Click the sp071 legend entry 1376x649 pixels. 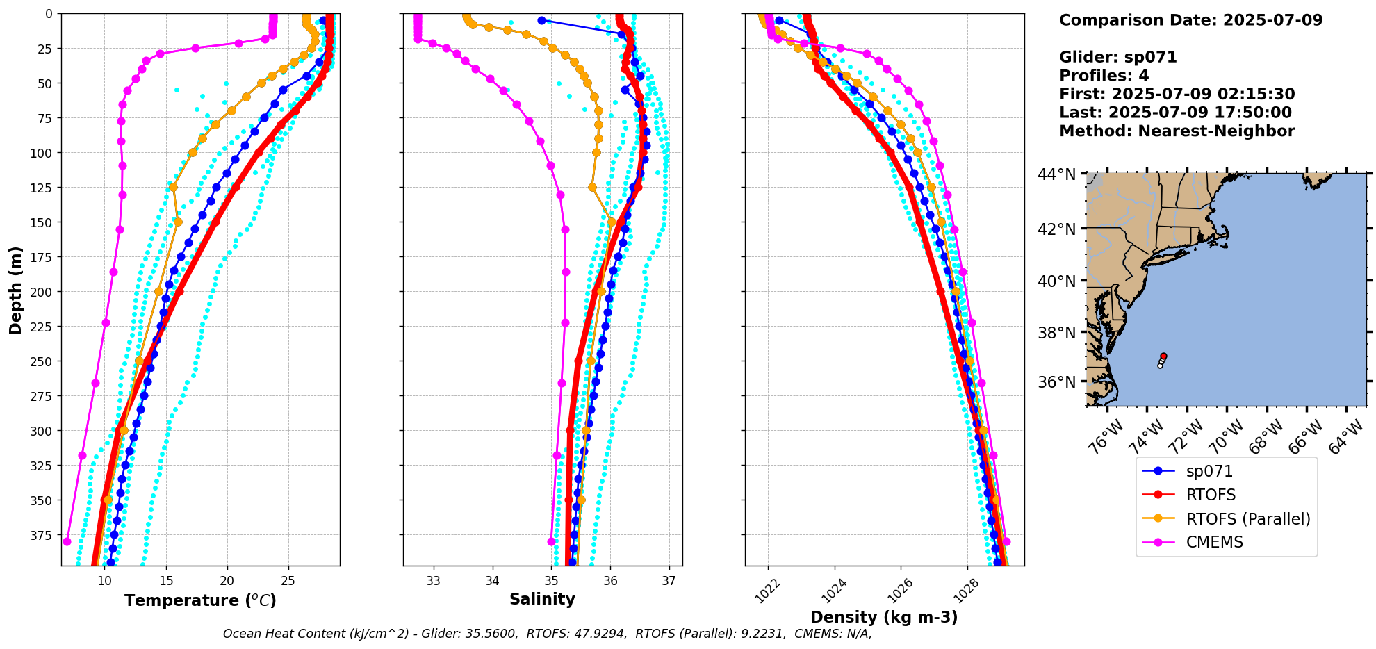[x=1209, y=471]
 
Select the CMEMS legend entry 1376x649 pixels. [x=1214, y=542]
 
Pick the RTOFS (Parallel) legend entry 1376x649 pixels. [x=1247, y=518]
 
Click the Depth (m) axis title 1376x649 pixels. [x=15, y=290]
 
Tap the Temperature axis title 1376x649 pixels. [x=200, y=600]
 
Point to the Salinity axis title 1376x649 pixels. [x=542, y=599]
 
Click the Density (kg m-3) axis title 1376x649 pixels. [x=884, y=617]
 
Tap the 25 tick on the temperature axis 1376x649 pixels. [x=288, y=581]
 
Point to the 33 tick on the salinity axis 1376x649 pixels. [x=434, y=581]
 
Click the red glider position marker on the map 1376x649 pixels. [x=1163, y=356]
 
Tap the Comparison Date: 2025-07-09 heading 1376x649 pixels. [x=1190, y=20]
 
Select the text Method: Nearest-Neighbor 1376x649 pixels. [x=1177, y=131]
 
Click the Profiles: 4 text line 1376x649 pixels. [x=1104, y=76]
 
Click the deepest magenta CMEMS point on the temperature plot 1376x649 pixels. [x=67, y=541]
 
